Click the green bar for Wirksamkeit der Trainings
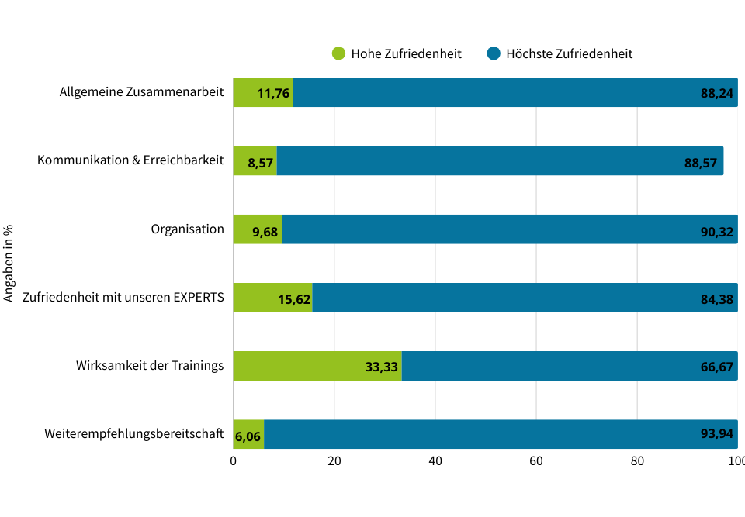tap(317, 366)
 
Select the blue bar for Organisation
tap(510, 229)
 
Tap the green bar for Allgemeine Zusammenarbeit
tap(263, 93)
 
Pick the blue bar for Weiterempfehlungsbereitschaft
tap(501, 434)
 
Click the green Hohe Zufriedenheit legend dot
tap(338, 53)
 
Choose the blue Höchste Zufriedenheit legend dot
tap(494, 53)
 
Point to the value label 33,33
tap(382, 367)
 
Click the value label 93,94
tap(717, 434)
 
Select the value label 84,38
tap(717, 298)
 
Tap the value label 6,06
tap(248, 436)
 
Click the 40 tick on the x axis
tap(435, 461)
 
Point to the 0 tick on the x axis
tap(234, 461)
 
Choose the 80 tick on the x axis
tap(637, 461)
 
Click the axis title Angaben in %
tap(9, 264)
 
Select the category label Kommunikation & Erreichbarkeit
tap(130, 160)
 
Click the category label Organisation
tap(187, 229)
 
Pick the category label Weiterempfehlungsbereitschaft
tap(134, 433)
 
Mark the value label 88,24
tap(717, 94)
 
